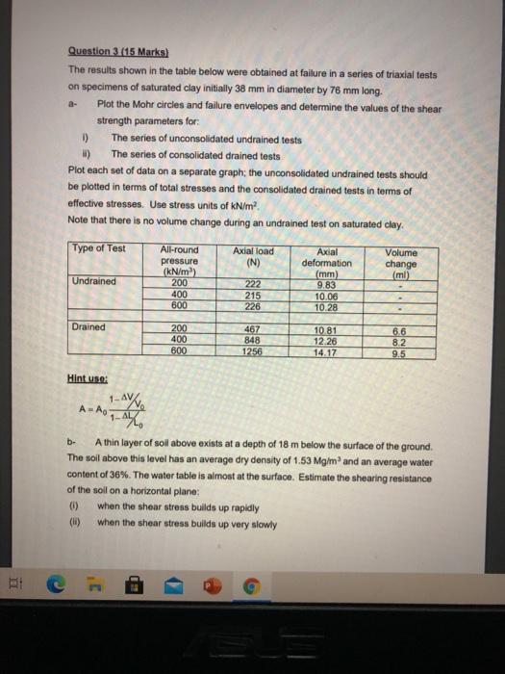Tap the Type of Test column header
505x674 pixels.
(98, 248)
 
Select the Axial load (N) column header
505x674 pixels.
(255, 255)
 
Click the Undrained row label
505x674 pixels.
(93, 281)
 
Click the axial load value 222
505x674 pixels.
(254, 282)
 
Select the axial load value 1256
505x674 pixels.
(254, 351)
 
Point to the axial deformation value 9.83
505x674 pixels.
(328, 283)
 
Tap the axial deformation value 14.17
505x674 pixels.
(328, 351)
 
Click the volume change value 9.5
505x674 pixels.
(401, 351)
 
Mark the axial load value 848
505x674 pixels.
(254, 340)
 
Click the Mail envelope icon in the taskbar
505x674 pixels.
(172, 584)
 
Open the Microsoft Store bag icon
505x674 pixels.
(135, 584)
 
